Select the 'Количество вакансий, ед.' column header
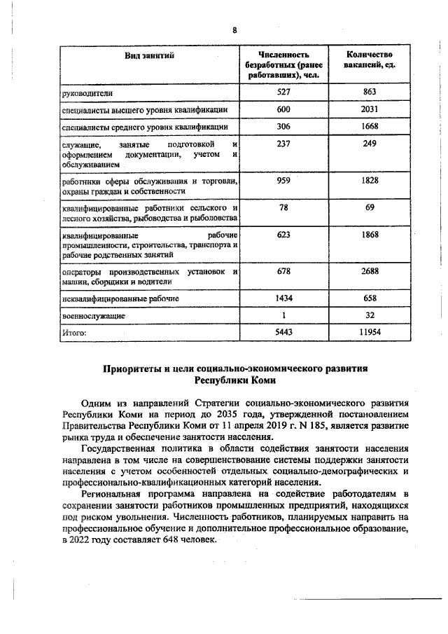coord(370,60)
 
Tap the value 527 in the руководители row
coord(283,92)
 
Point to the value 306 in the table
coord(283,127)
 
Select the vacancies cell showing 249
coord(370,144)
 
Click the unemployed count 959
coord(283,180)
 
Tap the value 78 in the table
coord(283,207)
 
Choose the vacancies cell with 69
coord(370,207)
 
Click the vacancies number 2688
coord(370,271)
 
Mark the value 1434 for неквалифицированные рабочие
coord(283,298)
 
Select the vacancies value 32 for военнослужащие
coord(370,315)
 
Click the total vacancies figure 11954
coord(370,332)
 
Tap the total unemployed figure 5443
coord(283,332)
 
